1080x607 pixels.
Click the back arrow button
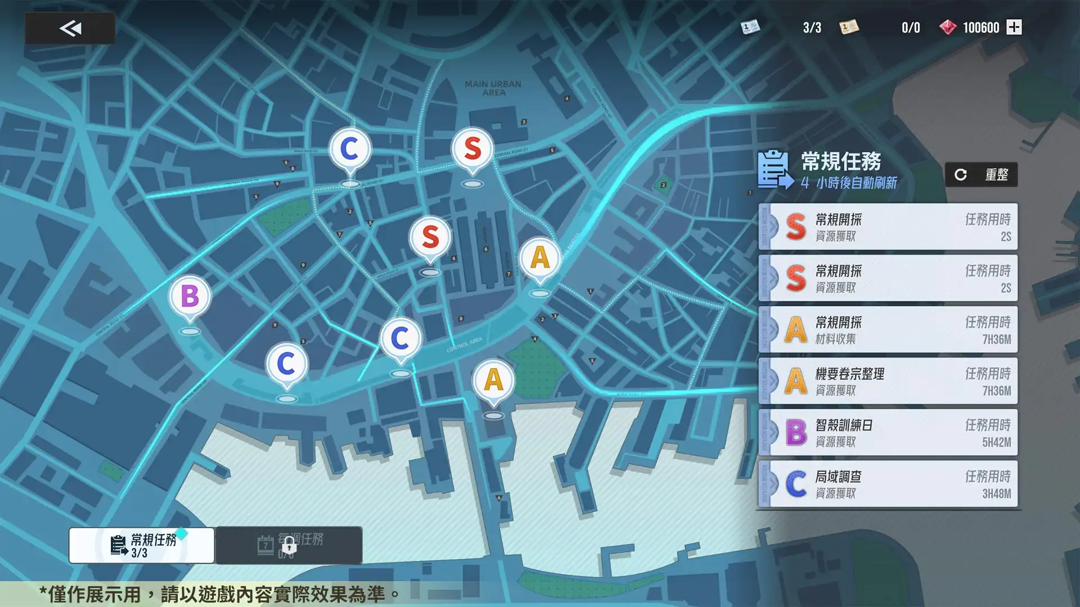tap(70, 28)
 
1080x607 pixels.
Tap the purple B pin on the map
tap(190, 297)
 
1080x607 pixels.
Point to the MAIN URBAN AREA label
tap(493, 88)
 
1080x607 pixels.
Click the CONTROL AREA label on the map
tap(464, 345)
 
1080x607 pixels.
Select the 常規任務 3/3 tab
tap(142, 545)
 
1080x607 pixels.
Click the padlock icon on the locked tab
tap(289, 545)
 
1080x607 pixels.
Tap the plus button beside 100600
tap(1014, 27)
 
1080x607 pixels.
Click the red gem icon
tap(948, 27)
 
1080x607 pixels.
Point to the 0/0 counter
tap(910, 28)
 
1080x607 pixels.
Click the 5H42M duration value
tap(996, 442)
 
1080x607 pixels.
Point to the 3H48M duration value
tap(996, 494)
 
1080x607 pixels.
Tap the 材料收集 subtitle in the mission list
tap(835, 339)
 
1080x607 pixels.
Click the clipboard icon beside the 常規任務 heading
tap(775, 169)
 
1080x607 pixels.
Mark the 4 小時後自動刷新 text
tap(848, 183)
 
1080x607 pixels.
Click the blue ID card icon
tap(750, 27)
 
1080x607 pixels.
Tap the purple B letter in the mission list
tap(796, 433)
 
